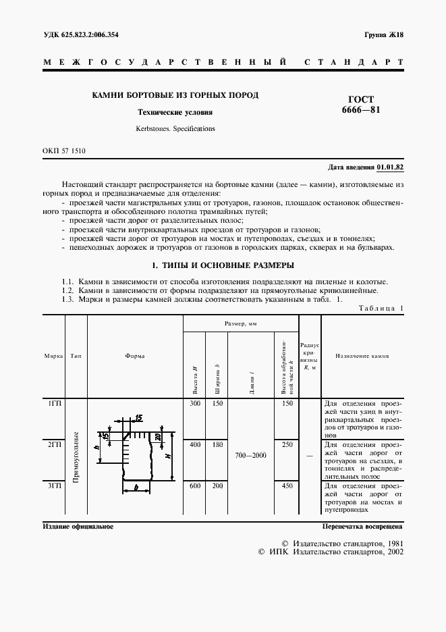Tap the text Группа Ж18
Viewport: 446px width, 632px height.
click(383, 34)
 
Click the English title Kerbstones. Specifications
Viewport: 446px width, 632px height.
click(175, 127)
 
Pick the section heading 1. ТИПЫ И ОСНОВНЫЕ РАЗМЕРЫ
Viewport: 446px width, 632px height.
click(222, 265)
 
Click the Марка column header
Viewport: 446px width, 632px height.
click(54, 356)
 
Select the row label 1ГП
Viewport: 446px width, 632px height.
click(54, 404)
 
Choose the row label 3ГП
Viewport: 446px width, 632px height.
click(54, 485)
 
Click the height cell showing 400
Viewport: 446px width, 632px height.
click(195, 445)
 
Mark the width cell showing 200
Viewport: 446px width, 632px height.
click(217, 485)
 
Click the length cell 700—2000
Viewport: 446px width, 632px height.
click(251, 455)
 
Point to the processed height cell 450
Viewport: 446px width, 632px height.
click(287, 485)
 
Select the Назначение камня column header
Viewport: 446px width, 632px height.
click(362, 356)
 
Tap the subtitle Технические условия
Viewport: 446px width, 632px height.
click(175, 113)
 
